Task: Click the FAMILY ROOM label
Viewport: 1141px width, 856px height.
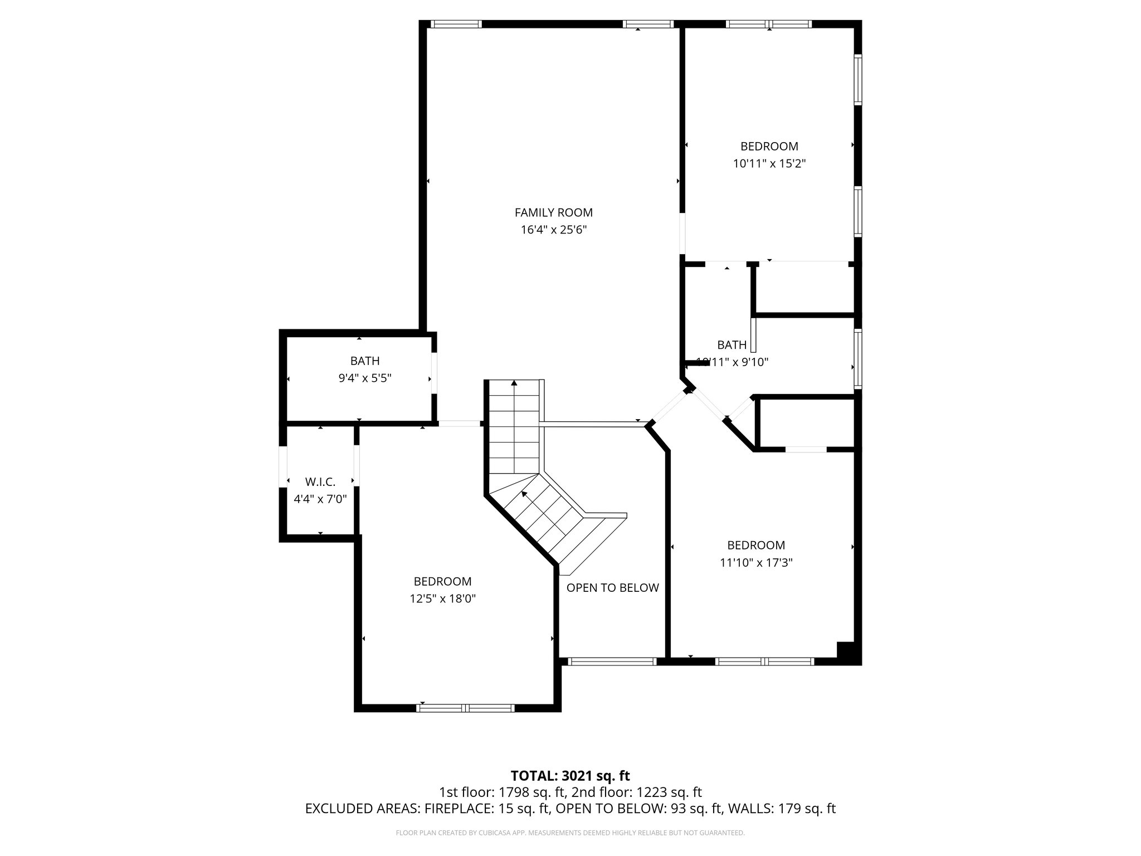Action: pos(553,212)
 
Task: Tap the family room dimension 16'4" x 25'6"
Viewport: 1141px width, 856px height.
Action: pos(553,230)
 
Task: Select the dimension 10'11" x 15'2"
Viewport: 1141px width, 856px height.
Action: pos(769,164)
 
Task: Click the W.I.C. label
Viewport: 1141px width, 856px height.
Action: pos(320,482)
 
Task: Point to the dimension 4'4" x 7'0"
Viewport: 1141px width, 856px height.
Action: pos(320,499)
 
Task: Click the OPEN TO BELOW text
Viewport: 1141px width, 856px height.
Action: pos(612,588)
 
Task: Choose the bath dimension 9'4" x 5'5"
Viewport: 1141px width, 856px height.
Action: pos(365,378)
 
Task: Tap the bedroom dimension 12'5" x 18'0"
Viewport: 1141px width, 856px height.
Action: pos(442,599)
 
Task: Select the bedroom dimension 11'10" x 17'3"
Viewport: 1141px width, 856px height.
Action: pos(756,563)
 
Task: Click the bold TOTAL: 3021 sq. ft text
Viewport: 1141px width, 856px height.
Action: pos(570,776)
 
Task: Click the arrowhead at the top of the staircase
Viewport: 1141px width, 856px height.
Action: pos(514,383)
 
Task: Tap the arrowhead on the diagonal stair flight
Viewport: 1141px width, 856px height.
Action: pos(524,493)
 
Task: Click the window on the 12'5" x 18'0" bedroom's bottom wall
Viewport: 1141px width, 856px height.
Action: pos(465,708)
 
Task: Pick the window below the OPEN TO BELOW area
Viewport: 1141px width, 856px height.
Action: pos(612,662)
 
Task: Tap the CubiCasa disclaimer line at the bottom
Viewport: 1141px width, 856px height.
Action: pos(570,833)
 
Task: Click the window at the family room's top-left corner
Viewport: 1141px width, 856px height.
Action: pos(456,24)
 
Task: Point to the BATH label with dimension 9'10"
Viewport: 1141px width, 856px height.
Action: pos(732,344)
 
